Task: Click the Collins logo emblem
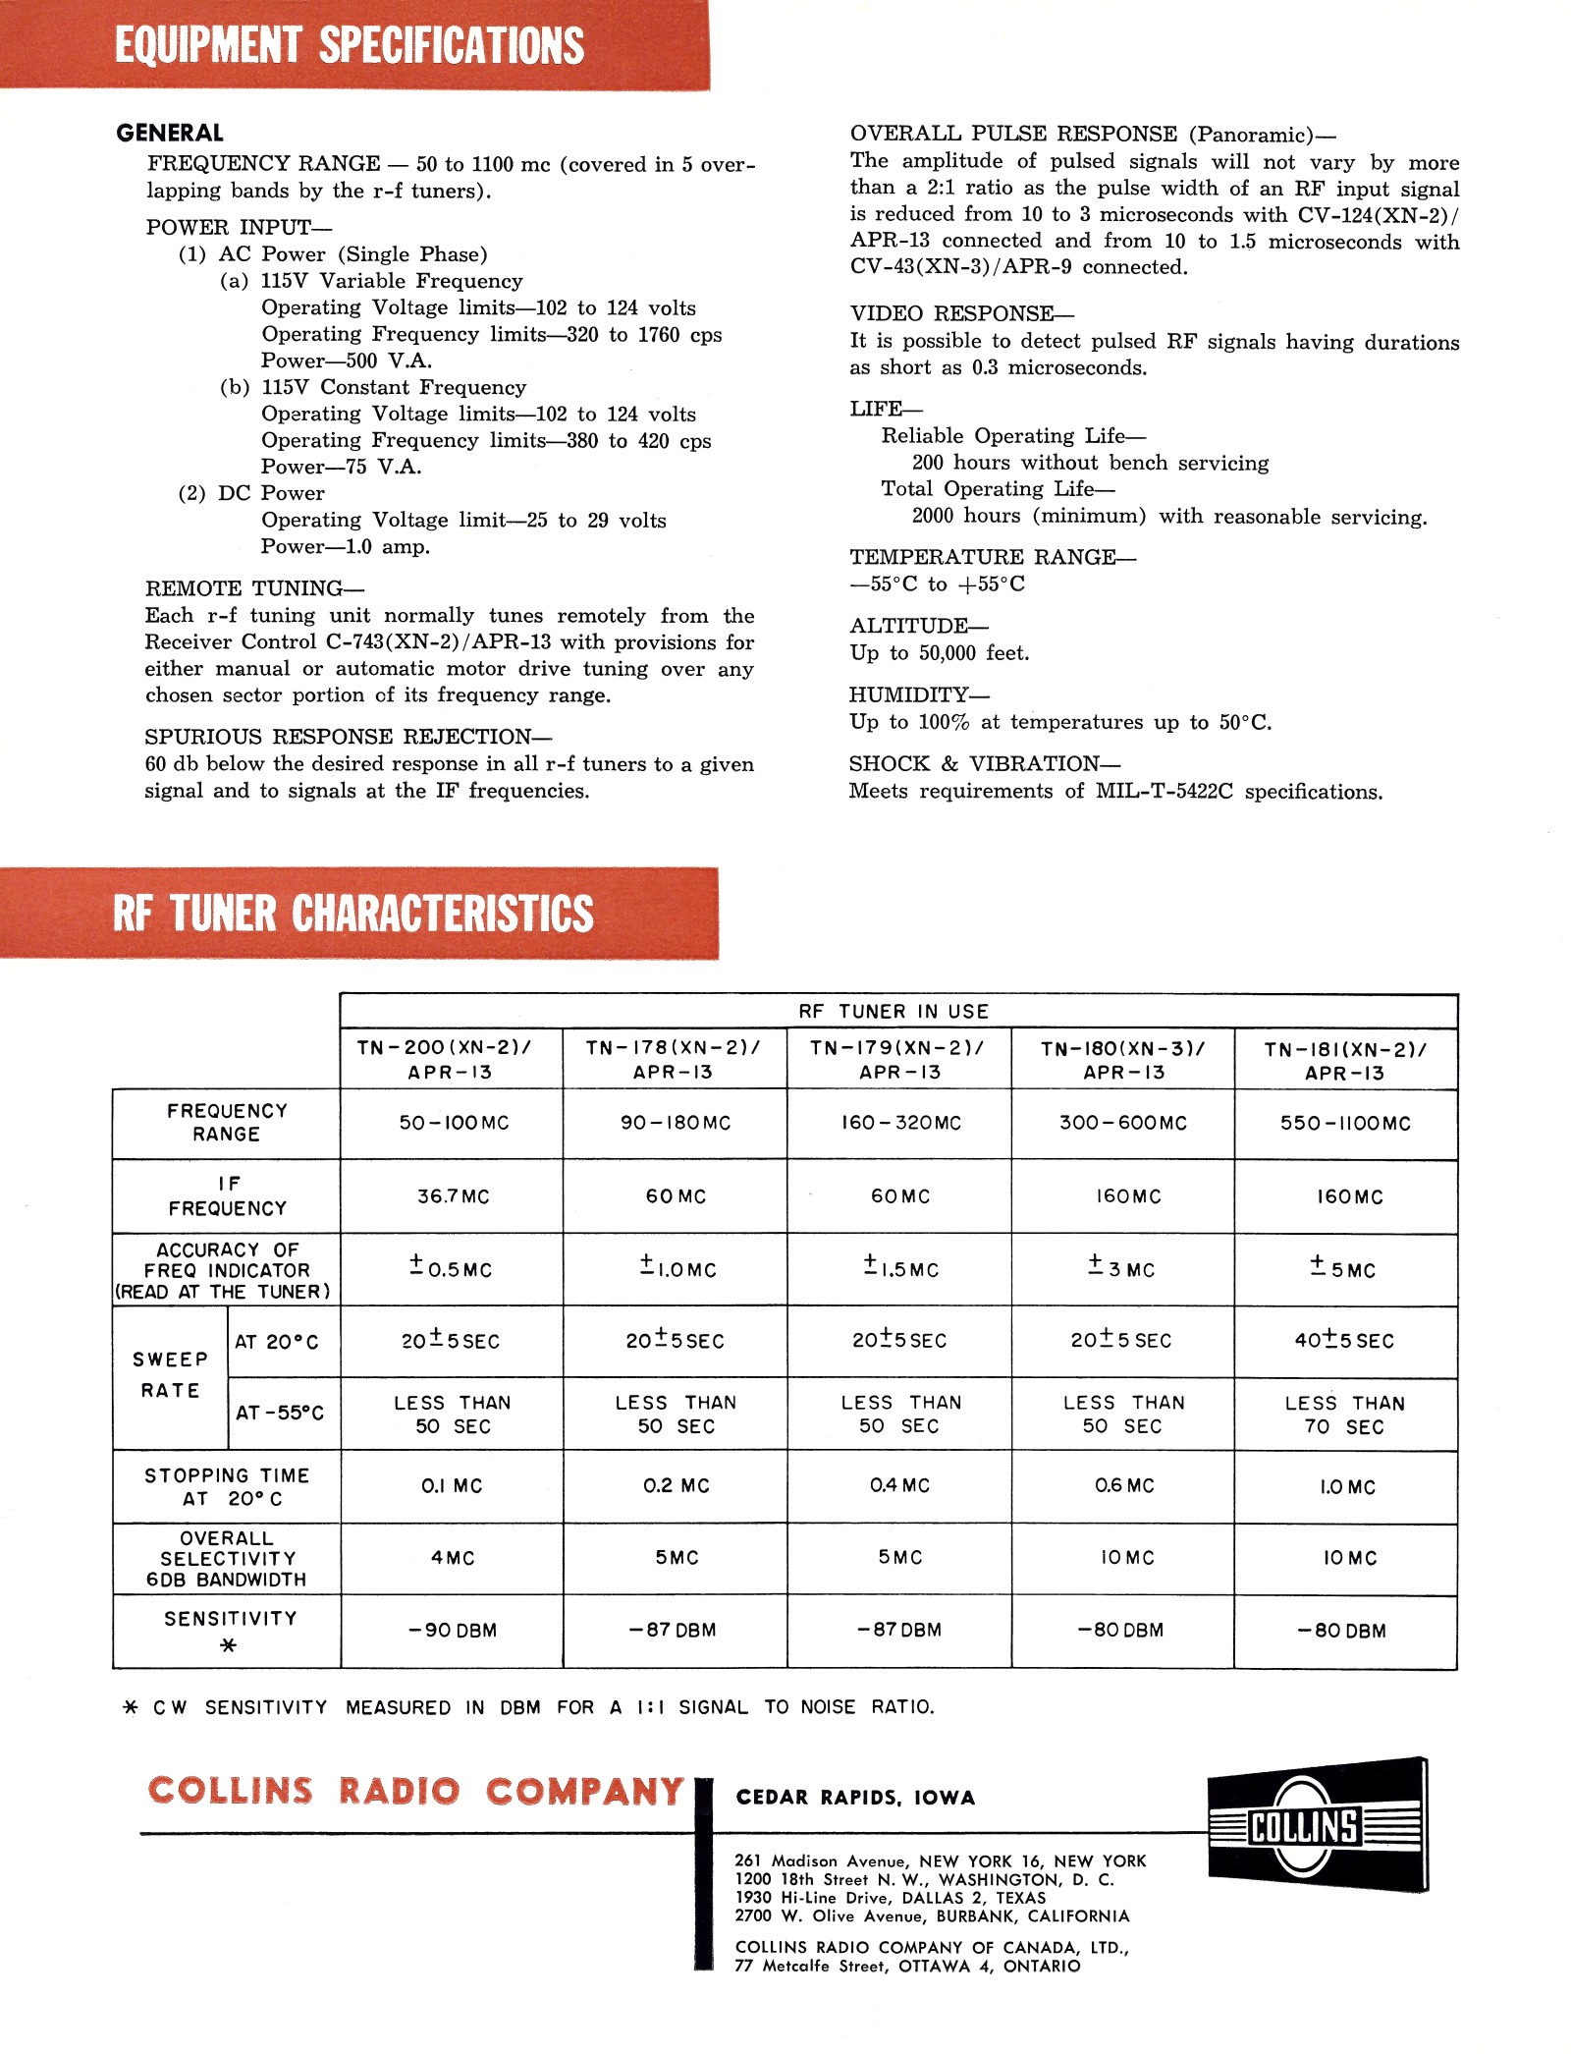pyautogui.click(x=1317, y=1825)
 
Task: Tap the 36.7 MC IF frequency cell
pyautogui.click(x=453, y=1196)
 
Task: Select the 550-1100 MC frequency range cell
pyautogui.click(x=1345, y=1123)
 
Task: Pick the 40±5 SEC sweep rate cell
pyautogui.click(x=1344, y=1340)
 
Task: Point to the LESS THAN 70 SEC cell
pyautogui.click(x=1344, y=1415)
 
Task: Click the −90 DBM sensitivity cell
pyautogui.click(x=453, y=1631)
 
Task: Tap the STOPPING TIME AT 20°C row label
pyautogui.click(x=227, y=1487)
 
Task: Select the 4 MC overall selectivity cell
pyautogui.click(x=453, y=1558)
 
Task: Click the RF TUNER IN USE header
pyautogui.click(x=894, y=1012)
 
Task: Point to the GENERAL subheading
pyautogui.click(x=170, y=133)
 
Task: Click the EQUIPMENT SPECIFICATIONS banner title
pyautogui.click(x=350, y=45)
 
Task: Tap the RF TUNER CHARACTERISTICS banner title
pyautogui.click(x=353, y=913)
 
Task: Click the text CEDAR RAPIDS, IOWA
pyautogui.click(x=855, y=1798)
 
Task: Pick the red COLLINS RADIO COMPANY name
pyautogui.click(x=415, y=1791)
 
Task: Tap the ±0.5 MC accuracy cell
pyautogui.click(x=451, y=1267)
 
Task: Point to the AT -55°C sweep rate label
pyautogui.click(x=280, y=1413)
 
